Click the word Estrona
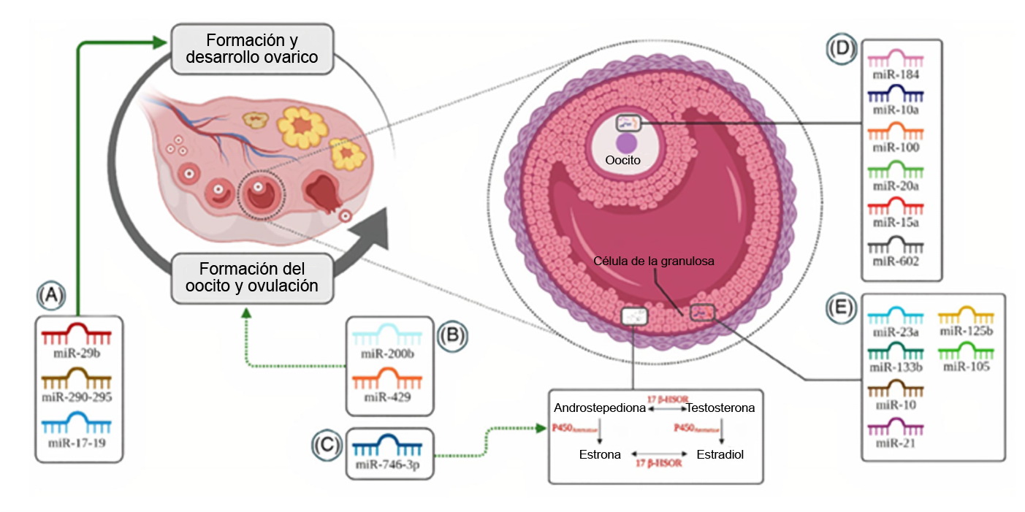[600, 454]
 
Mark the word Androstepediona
[600, 408]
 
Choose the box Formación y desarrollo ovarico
[252, 48]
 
